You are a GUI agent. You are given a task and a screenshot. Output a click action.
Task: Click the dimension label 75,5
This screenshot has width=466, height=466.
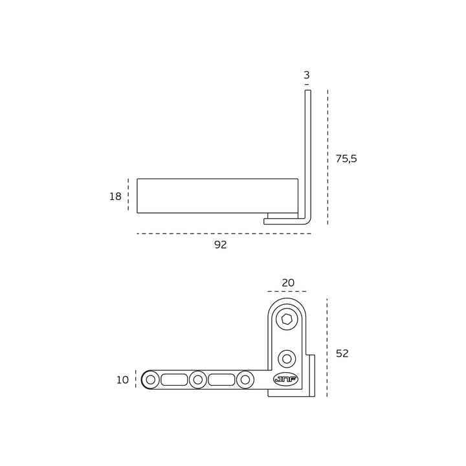[x=346, y=159]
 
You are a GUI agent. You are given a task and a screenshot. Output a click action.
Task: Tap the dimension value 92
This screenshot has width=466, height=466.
[x=221, y=245]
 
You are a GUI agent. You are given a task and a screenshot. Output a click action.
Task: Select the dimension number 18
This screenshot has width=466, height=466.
[x=115, y=197]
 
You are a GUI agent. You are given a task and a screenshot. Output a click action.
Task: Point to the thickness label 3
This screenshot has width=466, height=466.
[x=307, y=75]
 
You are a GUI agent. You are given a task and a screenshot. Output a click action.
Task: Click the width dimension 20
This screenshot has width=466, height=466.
[x=288, y=283]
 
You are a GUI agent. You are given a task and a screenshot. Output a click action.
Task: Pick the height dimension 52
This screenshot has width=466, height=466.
[x=342, y=353]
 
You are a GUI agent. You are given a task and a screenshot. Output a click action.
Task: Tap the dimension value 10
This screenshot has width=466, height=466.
[x=122, y=380]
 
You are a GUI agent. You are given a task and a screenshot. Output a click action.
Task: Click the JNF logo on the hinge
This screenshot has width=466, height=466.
[x=285, y=379]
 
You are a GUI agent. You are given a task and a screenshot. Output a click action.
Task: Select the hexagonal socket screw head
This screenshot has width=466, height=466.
[x=287, y=320]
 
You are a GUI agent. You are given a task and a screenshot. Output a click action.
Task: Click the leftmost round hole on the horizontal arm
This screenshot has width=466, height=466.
[x=150, y=380]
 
